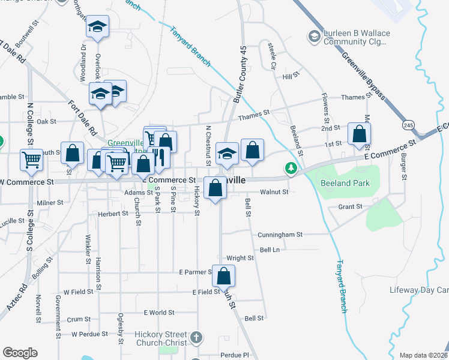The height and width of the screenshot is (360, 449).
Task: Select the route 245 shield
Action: tap(409, 125)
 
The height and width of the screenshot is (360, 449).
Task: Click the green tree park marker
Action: tap(291, 169)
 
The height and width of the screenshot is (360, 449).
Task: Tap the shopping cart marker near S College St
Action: tap(31, 160)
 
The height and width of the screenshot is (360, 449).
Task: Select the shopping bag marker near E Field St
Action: tap(223, 276)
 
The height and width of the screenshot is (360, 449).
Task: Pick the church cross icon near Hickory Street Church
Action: tap(196, 338)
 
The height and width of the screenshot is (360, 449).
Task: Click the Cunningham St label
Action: tap(280, 235)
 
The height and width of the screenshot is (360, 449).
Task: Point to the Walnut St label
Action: tap(274, 192)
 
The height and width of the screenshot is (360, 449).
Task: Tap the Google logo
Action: tap(20, 353)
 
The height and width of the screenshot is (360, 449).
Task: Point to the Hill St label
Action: tap(291, 76)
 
